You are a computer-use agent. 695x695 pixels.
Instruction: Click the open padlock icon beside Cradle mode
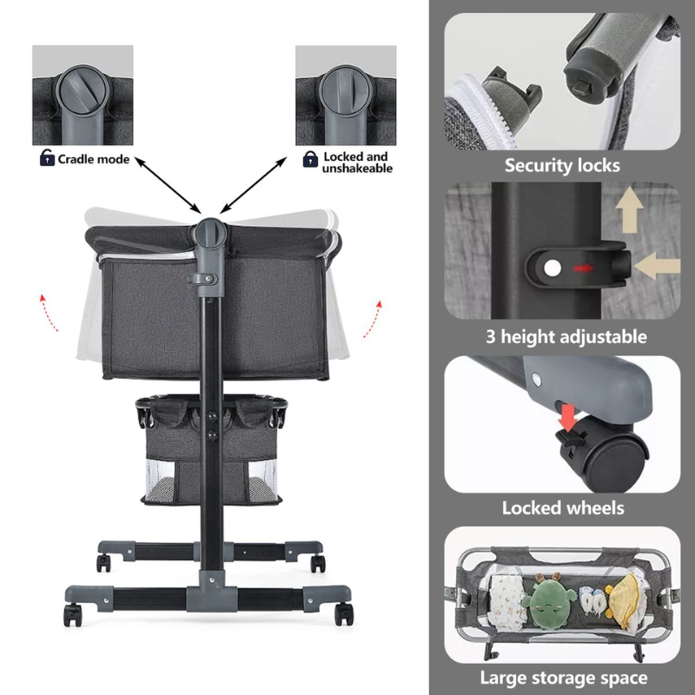47,157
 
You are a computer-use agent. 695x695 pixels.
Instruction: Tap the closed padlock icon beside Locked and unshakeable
310,159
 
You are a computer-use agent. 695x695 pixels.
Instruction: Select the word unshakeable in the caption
357,169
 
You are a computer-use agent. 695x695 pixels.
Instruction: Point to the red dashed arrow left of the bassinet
49,312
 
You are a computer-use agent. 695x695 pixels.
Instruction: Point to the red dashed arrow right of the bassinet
374,319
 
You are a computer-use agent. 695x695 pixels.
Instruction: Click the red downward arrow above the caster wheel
567,417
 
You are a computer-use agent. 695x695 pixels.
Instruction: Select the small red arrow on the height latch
582,268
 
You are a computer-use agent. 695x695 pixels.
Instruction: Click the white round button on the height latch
552,268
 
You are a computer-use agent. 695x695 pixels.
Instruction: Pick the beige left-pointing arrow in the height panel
658,266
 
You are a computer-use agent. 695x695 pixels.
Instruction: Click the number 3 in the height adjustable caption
490,337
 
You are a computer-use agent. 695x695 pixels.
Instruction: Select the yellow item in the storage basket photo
626,600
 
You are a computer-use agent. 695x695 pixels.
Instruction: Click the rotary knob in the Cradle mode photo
83,89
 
